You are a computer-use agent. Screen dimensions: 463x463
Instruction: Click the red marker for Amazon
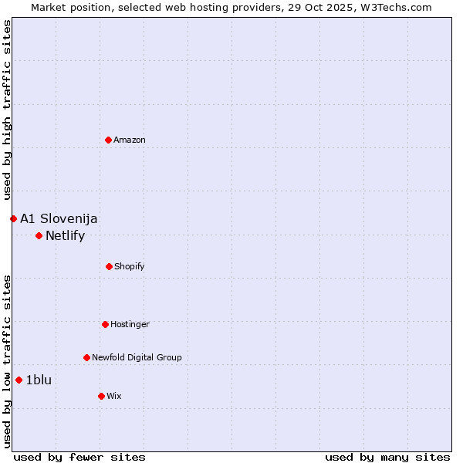pos(108,140)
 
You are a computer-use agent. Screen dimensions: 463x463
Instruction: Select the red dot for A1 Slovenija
pos(13,218)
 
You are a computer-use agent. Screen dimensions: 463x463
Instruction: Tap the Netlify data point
pos(39,235)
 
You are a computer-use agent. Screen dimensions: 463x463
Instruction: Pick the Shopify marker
pos(109,266)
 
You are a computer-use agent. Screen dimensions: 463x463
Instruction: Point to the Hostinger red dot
pos(105,324)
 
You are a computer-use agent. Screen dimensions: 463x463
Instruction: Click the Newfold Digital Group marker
pos(86,357)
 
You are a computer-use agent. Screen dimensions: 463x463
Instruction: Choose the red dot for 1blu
pos(19,380)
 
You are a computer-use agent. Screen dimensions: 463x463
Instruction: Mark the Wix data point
pos(101,396)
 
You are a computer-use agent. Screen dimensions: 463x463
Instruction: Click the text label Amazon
pos(130,140)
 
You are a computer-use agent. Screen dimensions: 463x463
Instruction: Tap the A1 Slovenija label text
pos(59,219)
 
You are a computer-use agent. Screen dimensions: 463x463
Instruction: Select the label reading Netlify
pos(65,236)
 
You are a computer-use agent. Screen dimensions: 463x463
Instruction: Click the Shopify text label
pos(130,267)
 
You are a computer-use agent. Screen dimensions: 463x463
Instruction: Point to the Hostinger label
pos(130,325)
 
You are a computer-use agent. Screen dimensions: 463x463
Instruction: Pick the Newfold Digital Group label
pos(137,358)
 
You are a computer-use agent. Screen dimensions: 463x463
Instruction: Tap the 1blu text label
pos(39,380)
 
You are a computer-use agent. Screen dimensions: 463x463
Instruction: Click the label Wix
pos(114,397)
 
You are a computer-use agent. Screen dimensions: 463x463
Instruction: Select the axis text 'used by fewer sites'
pos(79,457)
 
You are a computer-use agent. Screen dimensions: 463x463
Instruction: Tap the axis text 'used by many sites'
pos(387,457)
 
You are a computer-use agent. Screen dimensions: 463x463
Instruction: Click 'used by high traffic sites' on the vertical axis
pos(7,110)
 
